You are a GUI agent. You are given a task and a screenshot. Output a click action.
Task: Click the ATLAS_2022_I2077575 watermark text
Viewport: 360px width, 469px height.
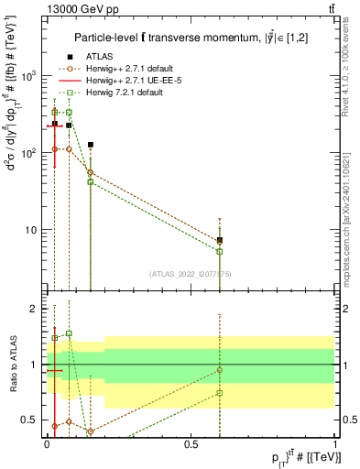click(x=191, y=273)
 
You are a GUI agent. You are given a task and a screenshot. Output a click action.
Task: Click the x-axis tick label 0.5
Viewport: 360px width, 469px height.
click(x=191, y=442)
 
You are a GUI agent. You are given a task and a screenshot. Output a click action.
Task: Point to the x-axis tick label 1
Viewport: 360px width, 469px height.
click(x=335, y=442)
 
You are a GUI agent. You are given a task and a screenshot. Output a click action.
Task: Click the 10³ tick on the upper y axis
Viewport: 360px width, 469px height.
click(x=29, y=76)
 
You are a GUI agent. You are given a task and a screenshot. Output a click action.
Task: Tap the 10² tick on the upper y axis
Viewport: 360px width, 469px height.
click(x=29, y=153)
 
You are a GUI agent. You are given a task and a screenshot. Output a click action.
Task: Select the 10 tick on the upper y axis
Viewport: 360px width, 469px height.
click(x=32, y=230)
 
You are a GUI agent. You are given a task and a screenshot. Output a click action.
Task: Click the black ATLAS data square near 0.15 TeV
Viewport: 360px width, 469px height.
click(x=91, y=145)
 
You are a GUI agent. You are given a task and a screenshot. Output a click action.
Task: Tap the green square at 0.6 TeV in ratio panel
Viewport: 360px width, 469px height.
click(x=220, y=393)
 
